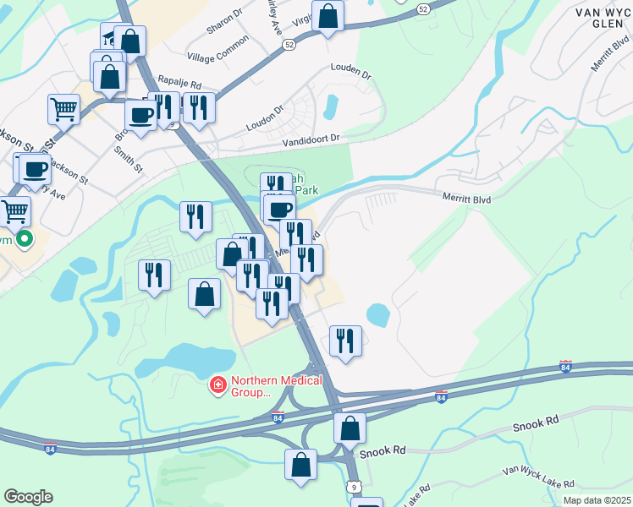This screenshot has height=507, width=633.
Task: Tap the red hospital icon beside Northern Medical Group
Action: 217,385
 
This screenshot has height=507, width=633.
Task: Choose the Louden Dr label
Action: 351,74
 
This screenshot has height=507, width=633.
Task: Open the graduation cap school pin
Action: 111,35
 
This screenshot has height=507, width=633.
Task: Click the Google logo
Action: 28,497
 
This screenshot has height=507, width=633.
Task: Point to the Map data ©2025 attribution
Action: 597,500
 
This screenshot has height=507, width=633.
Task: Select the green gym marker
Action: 24,239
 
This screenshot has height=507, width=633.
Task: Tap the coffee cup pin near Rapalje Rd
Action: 140,114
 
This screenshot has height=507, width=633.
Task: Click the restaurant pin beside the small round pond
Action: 345,340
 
